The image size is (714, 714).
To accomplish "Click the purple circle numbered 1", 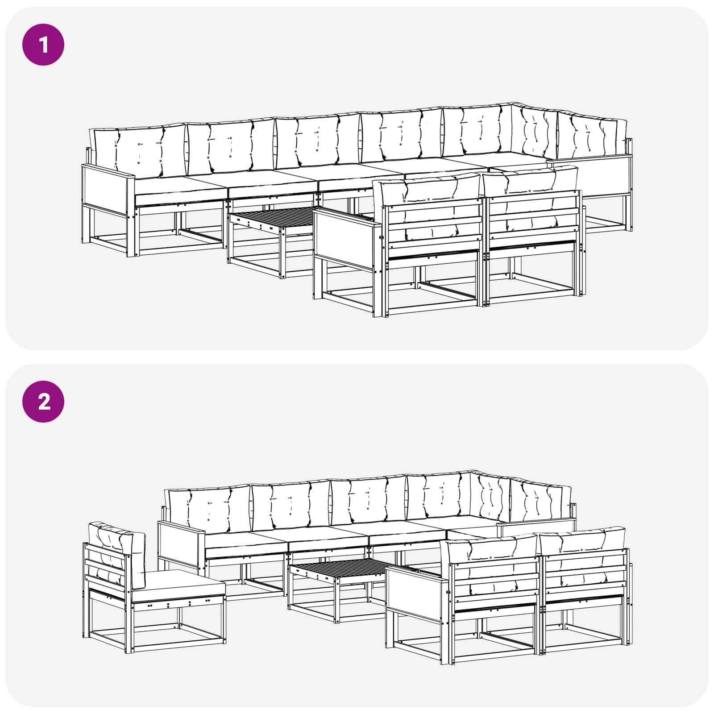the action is point(43,45).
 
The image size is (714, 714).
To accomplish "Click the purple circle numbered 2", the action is point(43,402).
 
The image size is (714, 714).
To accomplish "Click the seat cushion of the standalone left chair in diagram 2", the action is point(178,585).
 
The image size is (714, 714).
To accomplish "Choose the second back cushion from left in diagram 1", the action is point(231,147).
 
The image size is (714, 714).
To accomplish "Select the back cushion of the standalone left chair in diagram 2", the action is point(117,553).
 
